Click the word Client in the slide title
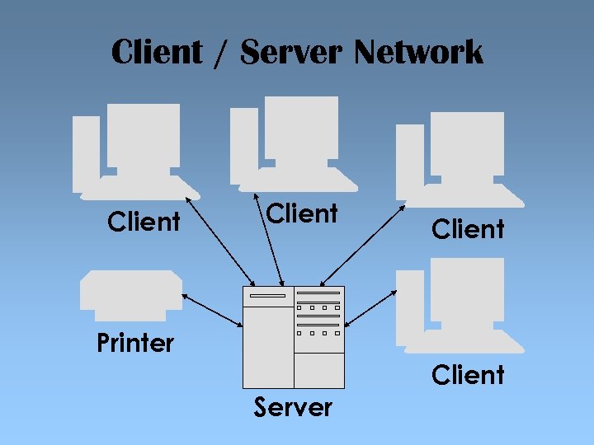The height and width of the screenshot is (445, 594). click(x=157, y=52)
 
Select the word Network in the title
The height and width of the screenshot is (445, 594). click(x=418, y=52)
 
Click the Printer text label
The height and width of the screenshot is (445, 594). click(x=135, y=343)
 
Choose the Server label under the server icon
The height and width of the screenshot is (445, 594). click(x=293, y=407)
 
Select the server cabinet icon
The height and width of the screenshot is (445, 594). click(x=293, y=336)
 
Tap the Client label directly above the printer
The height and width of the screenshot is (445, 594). click(x=144, y=222)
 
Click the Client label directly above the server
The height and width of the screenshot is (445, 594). click(x=303, y=213)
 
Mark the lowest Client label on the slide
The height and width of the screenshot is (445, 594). click(x=468, y=375)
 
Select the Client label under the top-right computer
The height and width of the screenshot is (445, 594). click(x=468, y=229)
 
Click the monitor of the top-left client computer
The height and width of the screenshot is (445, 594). click(x=144, y=133)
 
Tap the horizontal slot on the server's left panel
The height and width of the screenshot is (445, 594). click(x=267, y=295)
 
